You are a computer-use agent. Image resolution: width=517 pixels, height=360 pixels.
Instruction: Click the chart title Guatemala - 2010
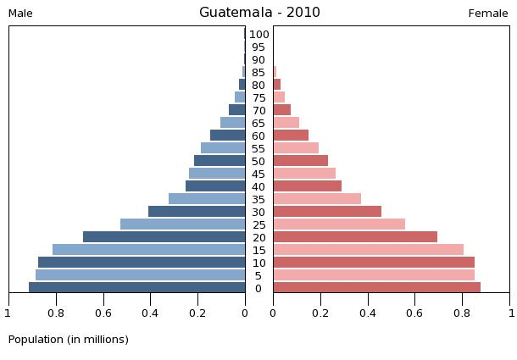coord(259,13)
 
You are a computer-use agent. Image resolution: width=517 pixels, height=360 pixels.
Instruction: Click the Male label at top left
coord(20,14)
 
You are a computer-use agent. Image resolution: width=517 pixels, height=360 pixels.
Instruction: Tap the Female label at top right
coord(488,14)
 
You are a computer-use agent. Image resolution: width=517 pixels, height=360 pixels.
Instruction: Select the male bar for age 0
coord(137,288)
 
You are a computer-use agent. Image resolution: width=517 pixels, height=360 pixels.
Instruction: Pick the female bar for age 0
coord(376,288)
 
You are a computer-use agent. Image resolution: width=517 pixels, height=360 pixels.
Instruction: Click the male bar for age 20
coord(164,237)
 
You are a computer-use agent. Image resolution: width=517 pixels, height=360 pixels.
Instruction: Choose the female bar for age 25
coord(339,224)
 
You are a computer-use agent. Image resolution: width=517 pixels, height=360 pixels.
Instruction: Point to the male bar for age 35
coord(207,199)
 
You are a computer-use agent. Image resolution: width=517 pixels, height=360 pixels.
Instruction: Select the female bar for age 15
coord(368,250)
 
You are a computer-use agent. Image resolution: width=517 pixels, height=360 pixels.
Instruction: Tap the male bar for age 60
coord(228,136)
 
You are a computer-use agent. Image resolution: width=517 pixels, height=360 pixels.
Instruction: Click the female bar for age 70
coord(281,110)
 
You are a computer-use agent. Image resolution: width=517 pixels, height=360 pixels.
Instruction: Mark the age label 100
coord(259,35)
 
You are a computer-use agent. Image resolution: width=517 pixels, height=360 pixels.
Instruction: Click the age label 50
coord(259,162)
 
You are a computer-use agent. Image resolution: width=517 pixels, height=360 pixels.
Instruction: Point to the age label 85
coord(259,73)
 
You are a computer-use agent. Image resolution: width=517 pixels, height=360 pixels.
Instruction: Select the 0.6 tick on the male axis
coord(103,313)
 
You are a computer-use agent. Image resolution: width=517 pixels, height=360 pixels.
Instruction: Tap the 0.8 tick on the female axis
coord(463,313)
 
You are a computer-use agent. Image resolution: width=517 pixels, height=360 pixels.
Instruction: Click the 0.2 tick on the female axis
coord(320,313)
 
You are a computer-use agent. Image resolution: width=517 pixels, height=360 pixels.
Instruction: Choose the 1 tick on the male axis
coord(8,313)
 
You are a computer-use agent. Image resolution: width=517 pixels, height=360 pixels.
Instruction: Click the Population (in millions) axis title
coord(69,340)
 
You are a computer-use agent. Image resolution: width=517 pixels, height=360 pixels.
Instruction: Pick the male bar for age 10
coord(142,263)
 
